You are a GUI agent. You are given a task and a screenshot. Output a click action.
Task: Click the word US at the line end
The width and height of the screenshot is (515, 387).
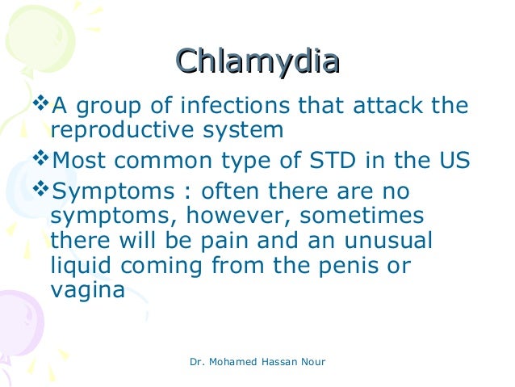point(451,159)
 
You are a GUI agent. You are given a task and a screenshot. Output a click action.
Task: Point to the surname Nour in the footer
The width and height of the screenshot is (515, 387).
point(311,361)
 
